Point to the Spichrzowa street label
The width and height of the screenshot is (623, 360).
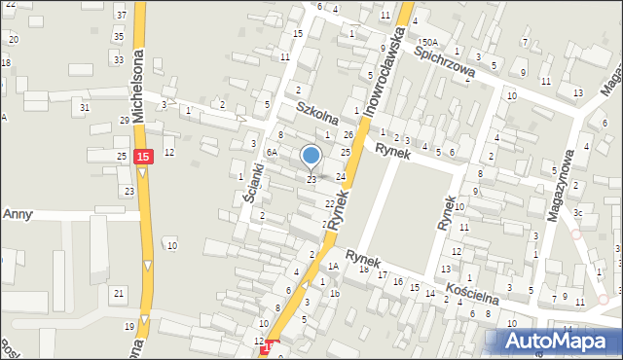[444, 58]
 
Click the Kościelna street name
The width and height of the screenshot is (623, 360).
[474, 288]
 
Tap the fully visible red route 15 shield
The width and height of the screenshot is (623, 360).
[143, 156]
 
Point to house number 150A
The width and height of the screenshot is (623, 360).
[427, 43]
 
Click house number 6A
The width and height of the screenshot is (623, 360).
[274, 153]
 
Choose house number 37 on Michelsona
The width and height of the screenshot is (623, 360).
[121, 15]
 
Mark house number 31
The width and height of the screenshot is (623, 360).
[86, 106]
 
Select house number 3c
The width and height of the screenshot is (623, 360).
[577, 212]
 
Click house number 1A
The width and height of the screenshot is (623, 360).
[332, 266]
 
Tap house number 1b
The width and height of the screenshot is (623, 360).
[334, 293]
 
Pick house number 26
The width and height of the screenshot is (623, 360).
[348, 134]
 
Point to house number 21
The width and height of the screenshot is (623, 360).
[118, 293]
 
